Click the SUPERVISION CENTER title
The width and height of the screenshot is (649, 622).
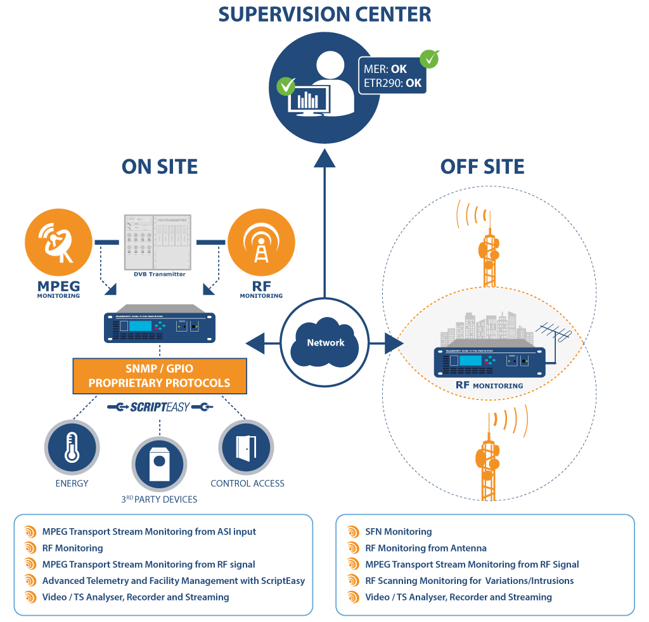tap(324, 14)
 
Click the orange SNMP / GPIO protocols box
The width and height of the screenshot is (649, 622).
tap(159, 376)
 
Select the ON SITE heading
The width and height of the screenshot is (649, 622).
tap(160, 167)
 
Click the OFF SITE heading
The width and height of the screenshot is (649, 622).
tap(482, 167)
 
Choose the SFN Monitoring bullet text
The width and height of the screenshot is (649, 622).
tap(399, 532)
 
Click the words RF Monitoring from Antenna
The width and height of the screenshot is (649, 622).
tap(426, 548)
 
